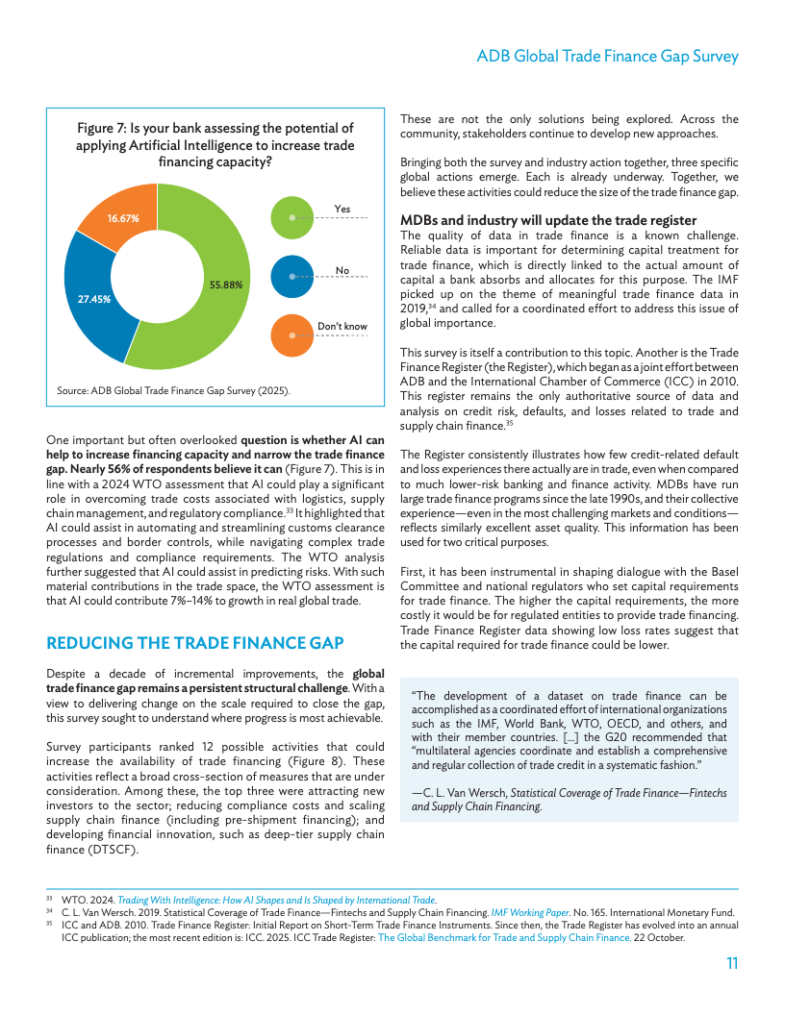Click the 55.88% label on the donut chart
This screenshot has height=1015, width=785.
[225, 285]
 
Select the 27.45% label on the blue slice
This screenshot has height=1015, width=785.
[94, 299]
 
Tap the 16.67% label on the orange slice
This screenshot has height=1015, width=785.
[123, 218]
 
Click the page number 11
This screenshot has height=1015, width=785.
[731, 963]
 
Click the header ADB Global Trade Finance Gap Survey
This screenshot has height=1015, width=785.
[607, 57]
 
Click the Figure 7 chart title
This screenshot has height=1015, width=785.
[215, 144]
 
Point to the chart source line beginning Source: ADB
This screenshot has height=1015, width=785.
[173, 391]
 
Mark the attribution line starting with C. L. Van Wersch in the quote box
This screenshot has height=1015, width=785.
[569, 800]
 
